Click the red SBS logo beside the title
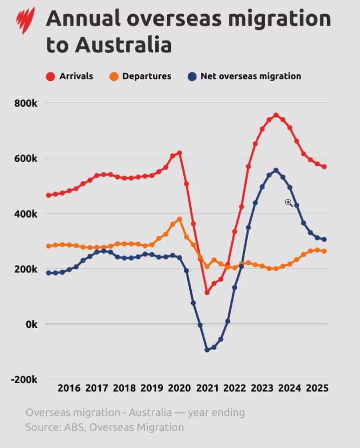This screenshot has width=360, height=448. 25,19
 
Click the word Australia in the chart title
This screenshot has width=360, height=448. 124,45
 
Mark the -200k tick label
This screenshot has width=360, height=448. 24,379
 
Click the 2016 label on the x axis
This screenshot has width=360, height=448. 69,388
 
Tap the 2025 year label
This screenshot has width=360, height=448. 316,388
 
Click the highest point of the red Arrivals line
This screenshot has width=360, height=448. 276,115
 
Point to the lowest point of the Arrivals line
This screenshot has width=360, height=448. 207,292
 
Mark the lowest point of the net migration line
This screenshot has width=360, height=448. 207,350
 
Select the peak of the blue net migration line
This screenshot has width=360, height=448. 276,170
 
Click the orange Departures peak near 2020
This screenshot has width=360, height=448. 179,219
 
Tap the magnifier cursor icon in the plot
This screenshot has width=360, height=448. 289,202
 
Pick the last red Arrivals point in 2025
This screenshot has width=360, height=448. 324,167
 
